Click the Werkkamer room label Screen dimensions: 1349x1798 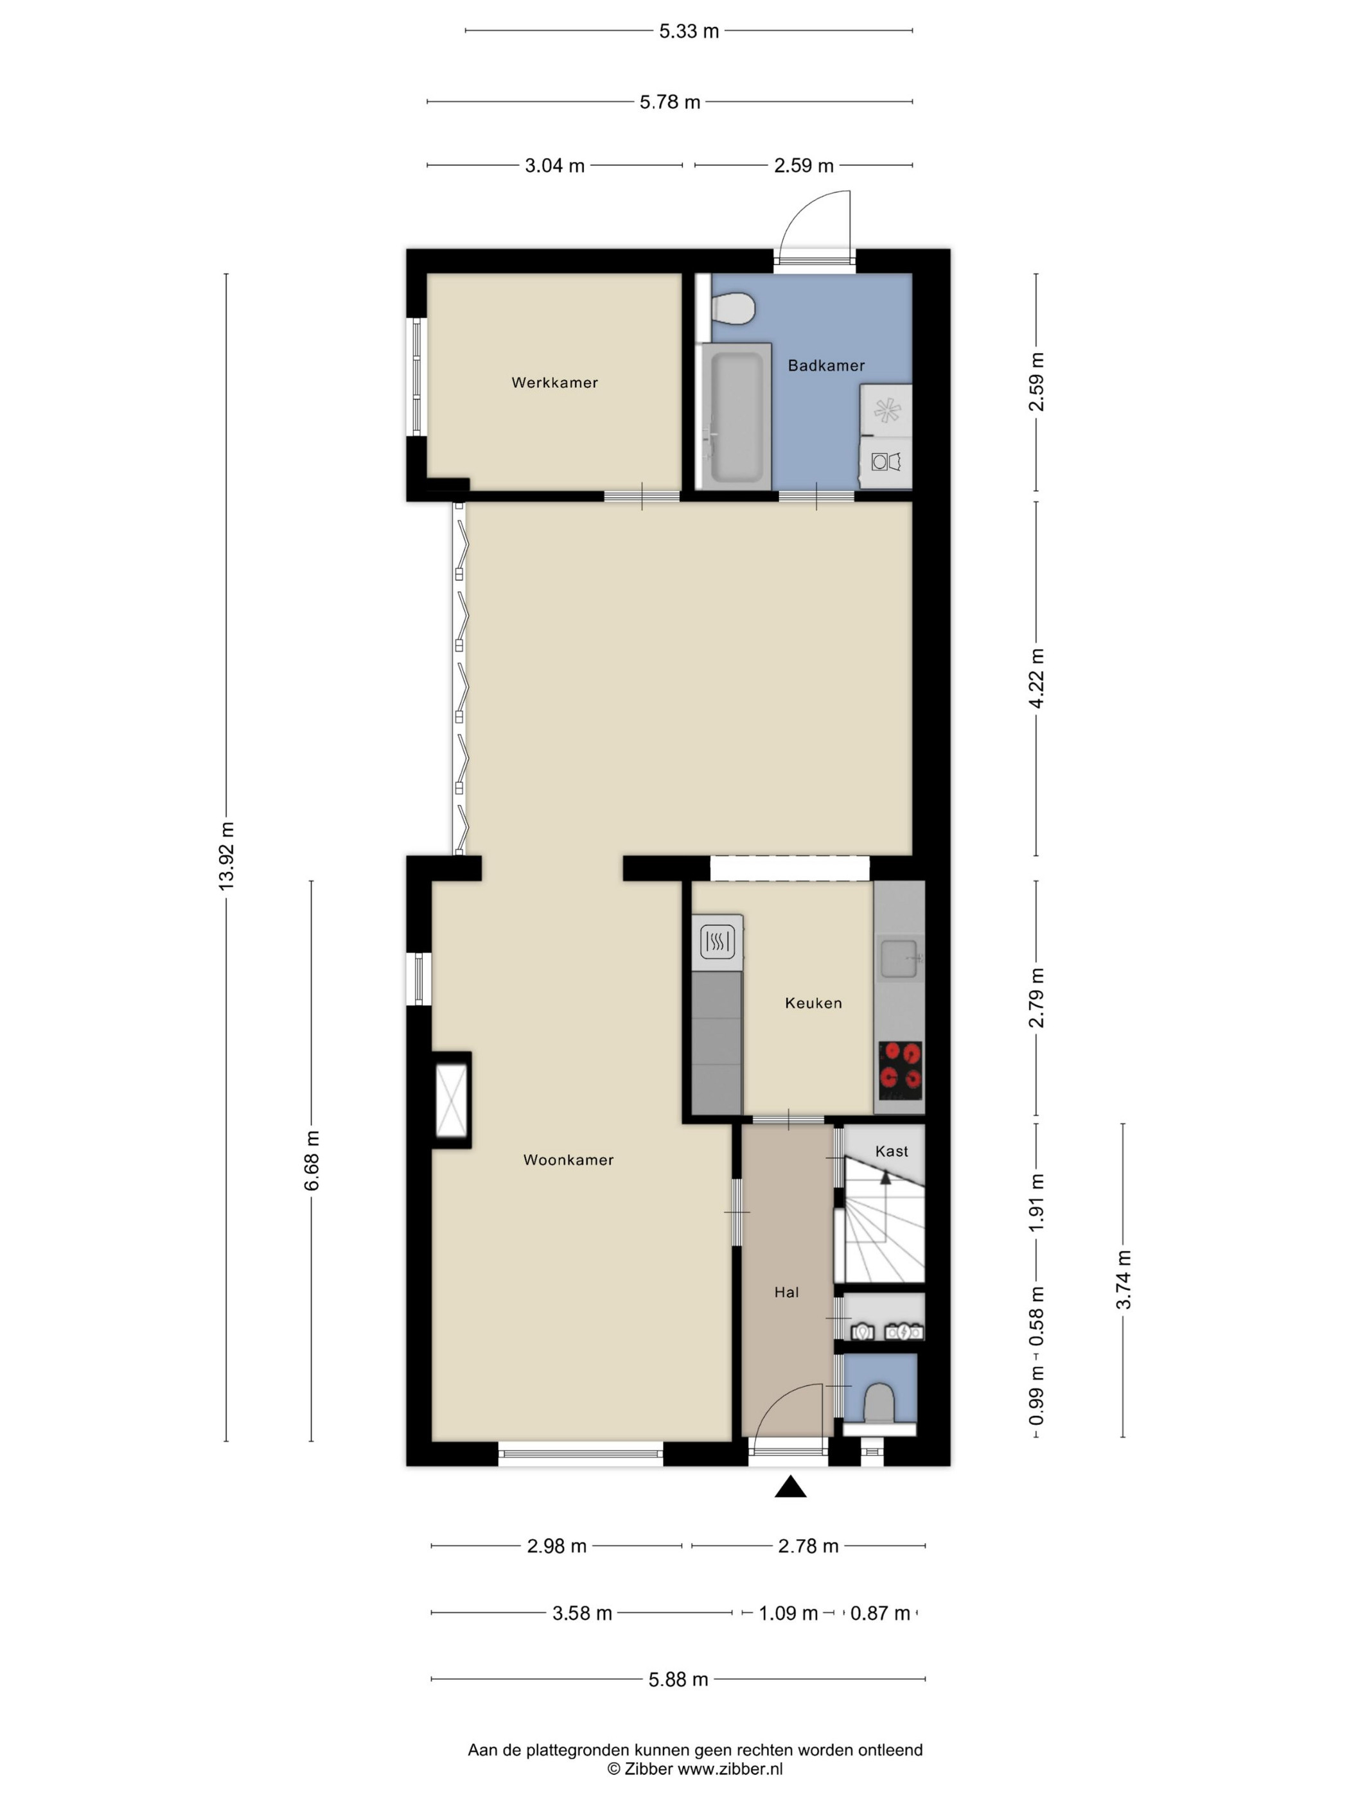tap(554, 382)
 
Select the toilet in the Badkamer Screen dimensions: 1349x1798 tap(733, 310)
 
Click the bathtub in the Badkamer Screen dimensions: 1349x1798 tap(735, 415)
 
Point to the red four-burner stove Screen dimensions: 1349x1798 tap(900, 1067)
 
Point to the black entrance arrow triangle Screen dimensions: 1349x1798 tap(789, 1487)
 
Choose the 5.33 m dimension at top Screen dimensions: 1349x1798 tap(689, 31)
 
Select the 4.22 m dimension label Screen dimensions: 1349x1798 tap(1036, 678)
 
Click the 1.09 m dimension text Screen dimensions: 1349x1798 tap(788, 1612)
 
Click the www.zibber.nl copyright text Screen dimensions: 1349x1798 tap(694, 1768)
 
